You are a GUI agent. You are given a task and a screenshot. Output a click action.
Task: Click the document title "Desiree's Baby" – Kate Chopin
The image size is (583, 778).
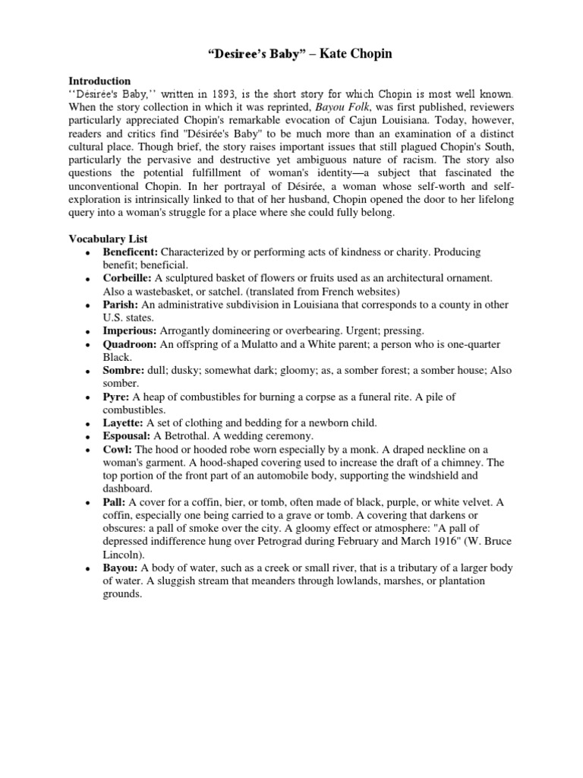[291, 54]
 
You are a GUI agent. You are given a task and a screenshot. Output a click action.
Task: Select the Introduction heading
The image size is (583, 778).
[99, 81]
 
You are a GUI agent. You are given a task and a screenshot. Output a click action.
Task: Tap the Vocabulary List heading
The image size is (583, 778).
[107, 239]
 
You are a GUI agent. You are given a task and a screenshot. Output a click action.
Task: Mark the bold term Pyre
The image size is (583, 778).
[115, 397]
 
